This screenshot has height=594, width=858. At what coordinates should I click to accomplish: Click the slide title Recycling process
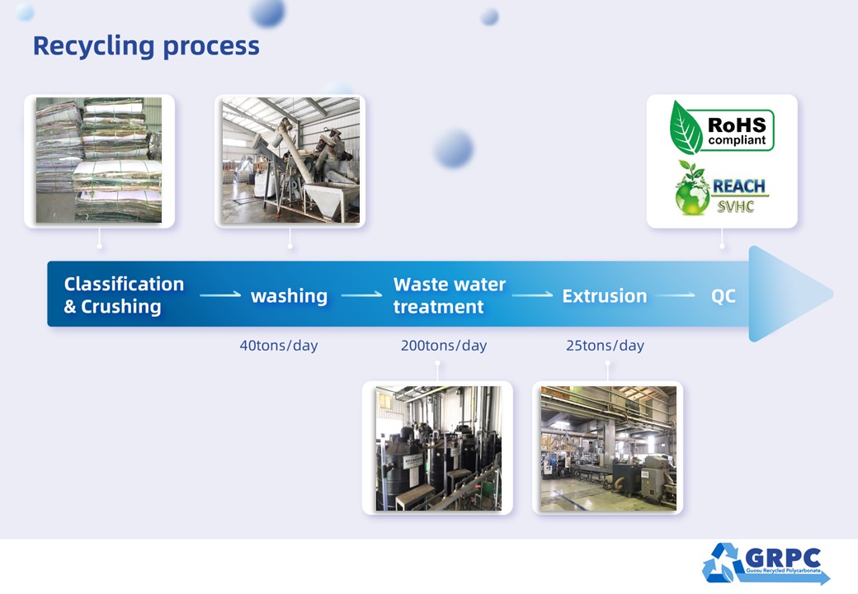pyautogui.click(x=146, y=45)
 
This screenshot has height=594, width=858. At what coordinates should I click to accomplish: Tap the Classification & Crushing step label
pyautogui.click(x=124, y=295)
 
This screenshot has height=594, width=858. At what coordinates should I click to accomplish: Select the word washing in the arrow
pyautogui.click(x=289, y=296)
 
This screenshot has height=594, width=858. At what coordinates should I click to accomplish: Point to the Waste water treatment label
pyautogui.click(x=449, y=295)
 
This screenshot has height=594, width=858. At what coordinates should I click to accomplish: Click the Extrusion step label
pyautogui.click(x=604, y=296)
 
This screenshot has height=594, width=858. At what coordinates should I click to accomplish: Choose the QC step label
pyautogui.click(x=723, y=296)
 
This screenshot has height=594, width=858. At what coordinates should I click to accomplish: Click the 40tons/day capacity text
pyautogui.click(x=278, y=346)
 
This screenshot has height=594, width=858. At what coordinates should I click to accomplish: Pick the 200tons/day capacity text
pyautogui.click(x=443, y=346)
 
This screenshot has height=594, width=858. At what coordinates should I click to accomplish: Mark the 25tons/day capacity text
pyautogui.click(x=605, y=346)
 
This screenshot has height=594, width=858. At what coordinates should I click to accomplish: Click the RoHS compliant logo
pyautogui.click(x=722, y=126)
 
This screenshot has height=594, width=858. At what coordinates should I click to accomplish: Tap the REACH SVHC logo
pyautogui.click(x=721, y=187)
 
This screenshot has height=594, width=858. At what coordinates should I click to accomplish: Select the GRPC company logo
pyautogui.click(x=765, y=563)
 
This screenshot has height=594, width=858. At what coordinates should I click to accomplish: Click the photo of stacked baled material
pyautogui.click(x=99, y=160)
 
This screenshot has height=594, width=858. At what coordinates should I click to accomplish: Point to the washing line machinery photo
pyautogui.click(x=290, y=160)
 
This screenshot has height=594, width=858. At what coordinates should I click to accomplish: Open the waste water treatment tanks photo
pyautogui.click(x=437, y=447)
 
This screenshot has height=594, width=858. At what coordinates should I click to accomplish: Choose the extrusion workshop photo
pyautogui.click(x=607, y=447)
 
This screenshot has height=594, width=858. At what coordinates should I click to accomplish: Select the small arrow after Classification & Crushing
pyautogui.click(x=219, y=295)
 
